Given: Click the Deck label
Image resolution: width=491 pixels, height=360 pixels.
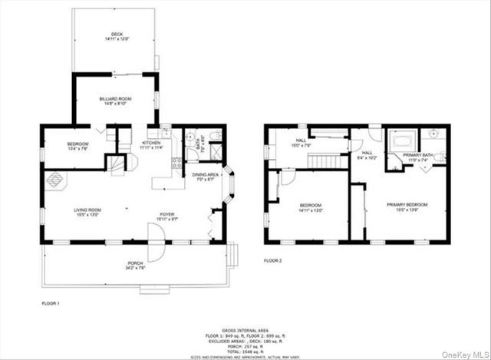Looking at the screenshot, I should click(117, 34).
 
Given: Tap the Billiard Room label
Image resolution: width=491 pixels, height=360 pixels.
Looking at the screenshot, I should click(112, 99).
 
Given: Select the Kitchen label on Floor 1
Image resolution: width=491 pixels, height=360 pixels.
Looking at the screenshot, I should click(150, 143).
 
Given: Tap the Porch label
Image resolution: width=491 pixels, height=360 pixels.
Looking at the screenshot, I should click(134, 264).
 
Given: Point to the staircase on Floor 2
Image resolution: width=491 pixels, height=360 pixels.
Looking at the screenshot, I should click(325, 160).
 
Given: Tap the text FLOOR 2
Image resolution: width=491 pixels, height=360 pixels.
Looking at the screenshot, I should click(272, 262).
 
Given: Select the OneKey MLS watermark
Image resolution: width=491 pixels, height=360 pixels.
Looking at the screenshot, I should click(464, 352).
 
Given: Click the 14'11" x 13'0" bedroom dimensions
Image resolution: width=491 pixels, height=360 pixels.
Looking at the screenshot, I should click(310, 210).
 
